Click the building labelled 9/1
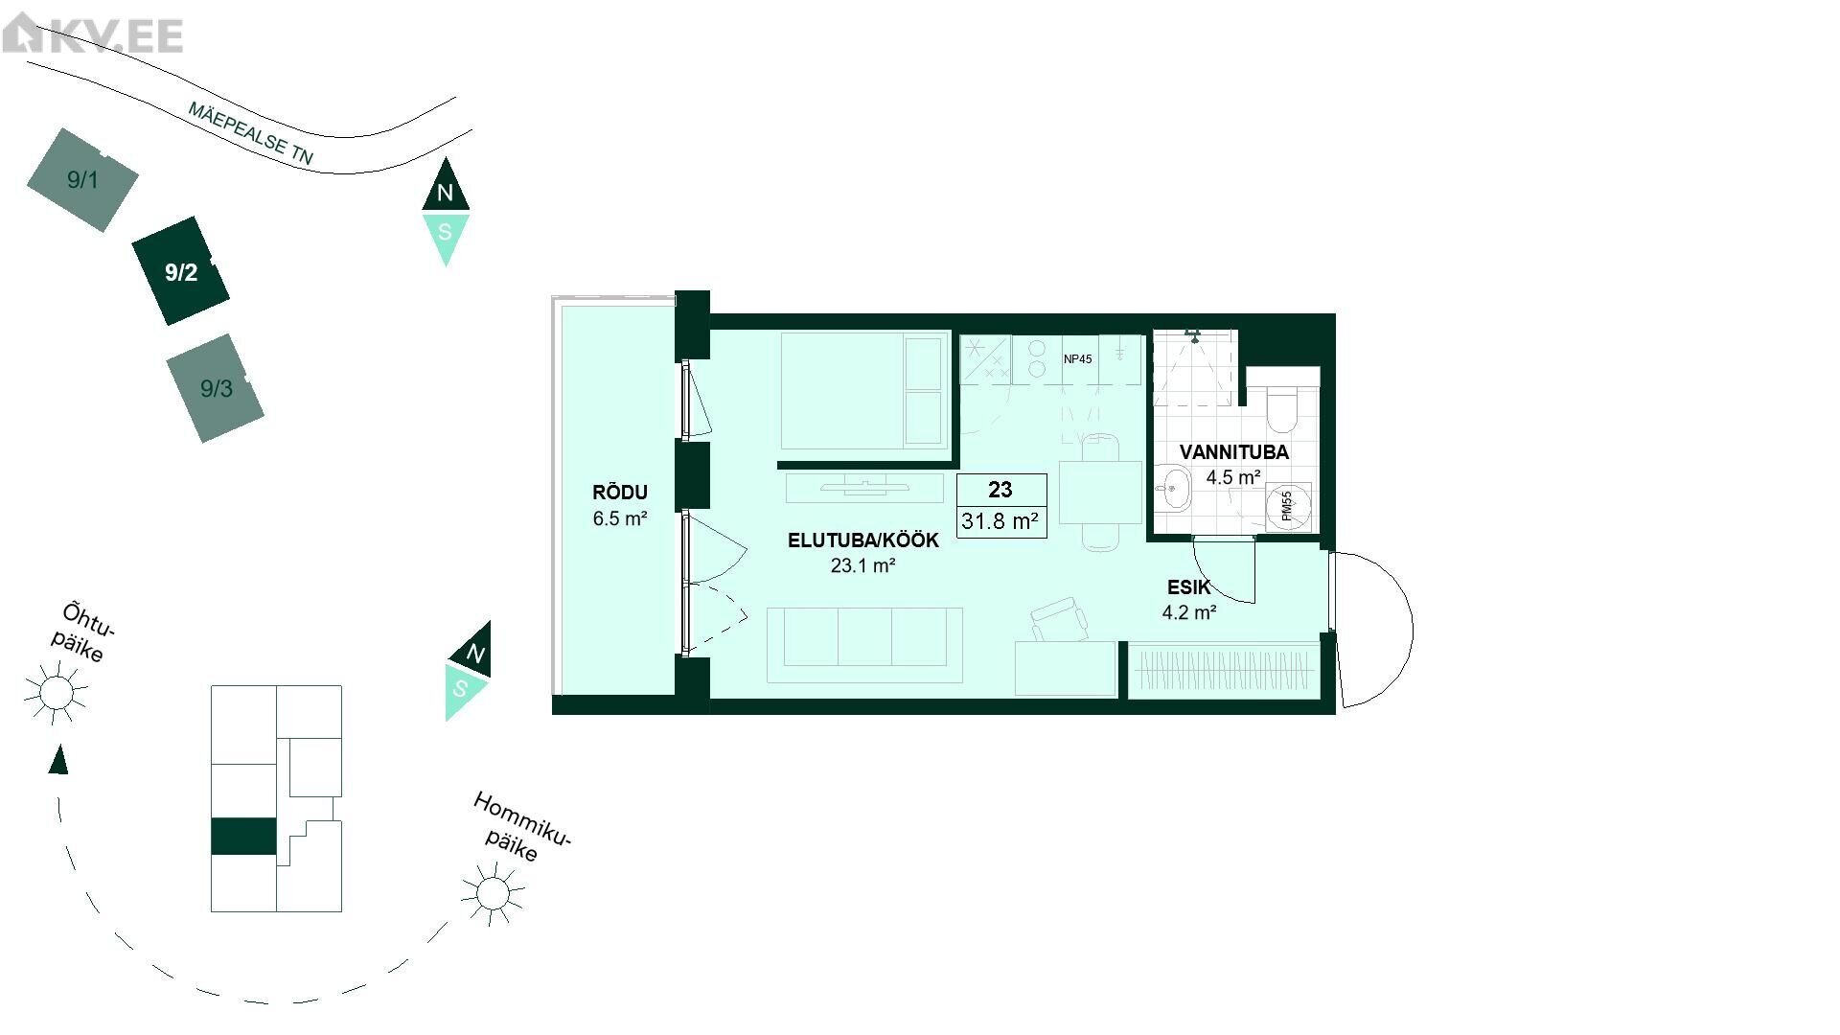[82, 179]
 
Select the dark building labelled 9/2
[181, 271]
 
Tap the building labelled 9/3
[216, 388]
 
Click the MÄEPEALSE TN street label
[250, 134]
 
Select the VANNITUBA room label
[1234, 452]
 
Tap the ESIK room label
[1189, 587]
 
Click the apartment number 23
[1000, 490]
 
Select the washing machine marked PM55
[1288, 506]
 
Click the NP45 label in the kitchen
[1078, 359]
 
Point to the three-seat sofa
[864, 644]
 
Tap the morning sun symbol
[493, 893]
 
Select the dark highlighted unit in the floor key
[243, 837]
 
